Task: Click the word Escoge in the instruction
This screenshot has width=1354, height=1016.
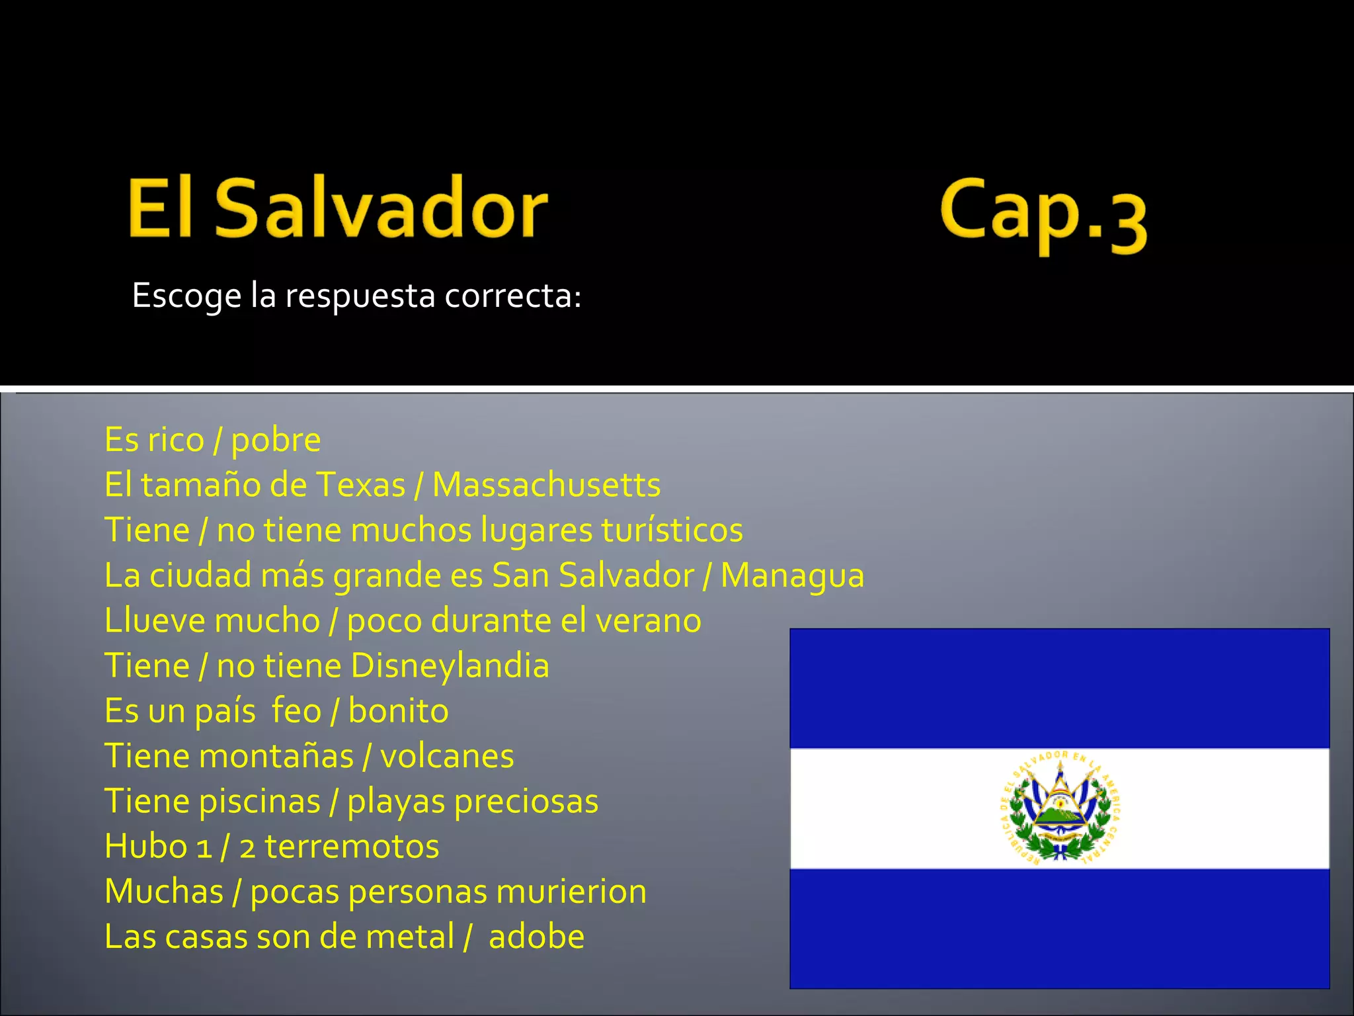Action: tap(186, 295)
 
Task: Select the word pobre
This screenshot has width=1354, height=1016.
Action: tap(276, 441)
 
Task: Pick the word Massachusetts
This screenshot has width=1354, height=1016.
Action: tap(546, 485)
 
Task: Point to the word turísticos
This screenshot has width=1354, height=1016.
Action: tap(672, 530)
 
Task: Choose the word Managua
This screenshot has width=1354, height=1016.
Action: tap(792, 575)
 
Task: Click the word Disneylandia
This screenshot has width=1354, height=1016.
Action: tap(450, 665)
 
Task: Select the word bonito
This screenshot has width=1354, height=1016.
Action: tap(398, 711)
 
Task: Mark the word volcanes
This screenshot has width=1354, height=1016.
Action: tap(447, 756)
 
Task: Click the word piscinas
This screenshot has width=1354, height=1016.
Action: tap(259, 801)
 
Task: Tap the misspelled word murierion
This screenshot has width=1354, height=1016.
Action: tap(571, 892)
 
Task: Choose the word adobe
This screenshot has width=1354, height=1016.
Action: tap(536, 937)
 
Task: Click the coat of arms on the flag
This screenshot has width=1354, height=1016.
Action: tap(1060, 808)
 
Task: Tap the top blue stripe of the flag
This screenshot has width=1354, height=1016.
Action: tap(1059, 688)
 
